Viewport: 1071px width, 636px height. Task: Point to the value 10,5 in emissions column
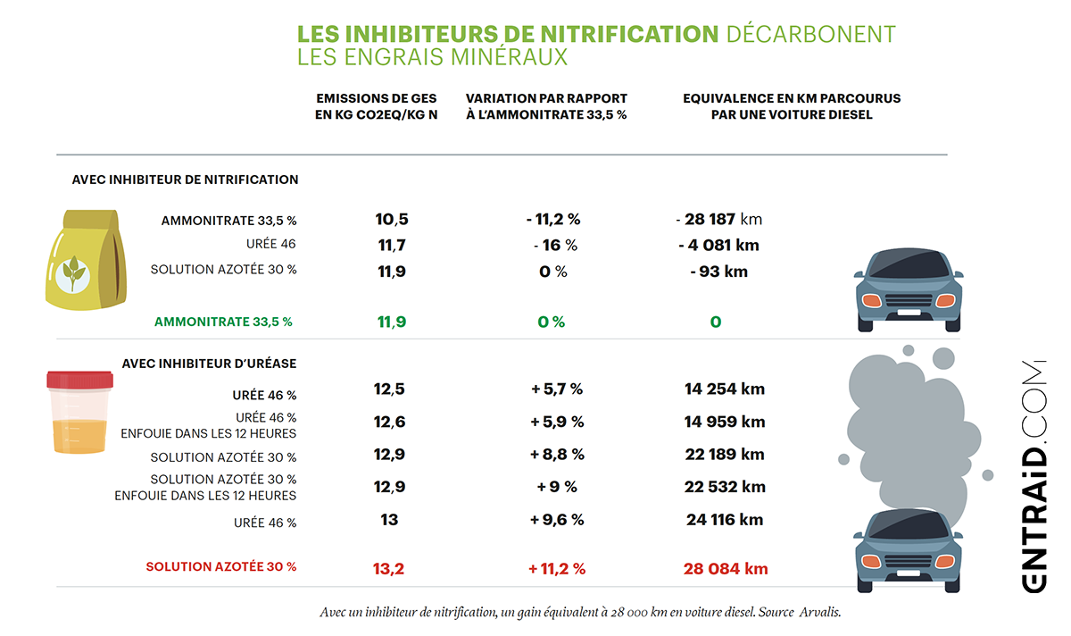pyautogui.click(x=391, y=219)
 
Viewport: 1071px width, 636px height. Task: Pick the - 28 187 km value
pyautogui.click(x=718, y=219)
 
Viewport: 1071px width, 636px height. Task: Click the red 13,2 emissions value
pyautogui.click(x=390, y=568)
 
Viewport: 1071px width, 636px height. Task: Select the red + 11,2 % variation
pyautogui.click(x=556, y=568)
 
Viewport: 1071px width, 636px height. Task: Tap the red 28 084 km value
pyautogui.click(x=726, y=568)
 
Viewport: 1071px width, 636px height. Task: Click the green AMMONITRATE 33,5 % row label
pyautogui.click(x=223, y=322)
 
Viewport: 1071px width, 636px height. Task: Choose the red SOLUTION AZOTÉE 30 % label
pyautogui.click(x=221, y=566)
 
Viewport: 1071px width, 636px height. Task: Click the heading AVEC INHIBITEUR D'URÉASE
pyautogui.click(x=209, y=364)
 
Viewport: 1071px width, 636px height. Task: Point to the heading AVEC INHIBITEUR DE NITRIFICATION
pyautogui.click(x=185, y=180)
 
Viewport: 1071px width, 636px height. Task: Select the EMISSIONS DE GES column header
pyautogui.click(x=377, y=106)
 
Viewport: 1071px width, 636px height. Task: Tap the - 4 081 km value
pyautogui.click(x=718, y=245)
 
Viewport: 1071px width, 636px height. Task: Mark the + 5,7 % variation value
pyautogui.click(x=556, y=389)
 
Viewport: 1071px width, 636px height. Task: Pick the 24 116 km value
pyautogui.click(x=725, y=519)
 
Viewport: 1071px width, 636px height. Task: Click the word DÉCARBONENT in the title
pyautogui.click(x=811, y=34)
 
